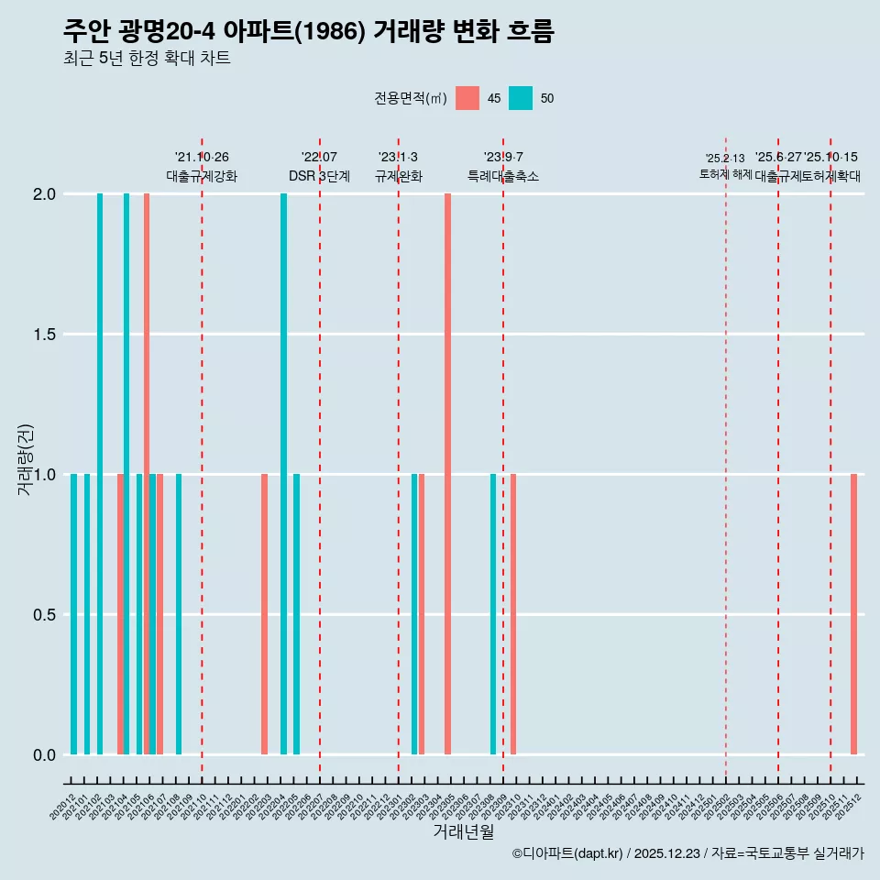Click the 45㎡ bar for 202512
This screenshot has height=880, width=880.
point(853,614)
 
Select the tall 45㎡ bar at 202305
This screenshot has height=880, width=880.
point(447,474)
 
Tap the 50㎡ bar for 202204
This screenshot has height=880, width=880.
point(283,474)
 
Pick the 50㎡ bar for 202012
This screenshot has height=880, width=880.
point(73,614)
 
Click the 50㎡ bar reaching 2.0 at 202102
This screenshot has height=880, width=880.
point(100,474)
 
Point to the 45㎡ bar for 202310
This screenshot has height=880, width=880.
point(513,614)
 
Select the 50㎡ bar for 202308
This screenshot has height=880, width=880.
point(493,614)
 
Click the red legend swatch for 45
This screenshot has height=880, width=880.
point(467,98)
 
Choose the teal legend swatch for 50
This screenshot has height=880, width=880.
point(521,98)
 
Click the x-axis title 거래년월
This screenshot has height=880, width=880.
point(463,831)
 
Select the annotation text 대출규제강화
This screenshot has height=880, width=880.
point(202,176)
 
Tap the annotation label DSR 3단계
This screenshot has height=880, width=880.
point(319,176)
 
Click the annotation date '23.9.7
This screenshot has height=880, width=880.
point(503,158)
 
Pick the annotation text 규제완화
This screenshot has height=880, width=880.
point(398,176)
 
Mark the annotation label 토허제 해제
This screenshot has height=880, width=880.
point(725,173)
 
